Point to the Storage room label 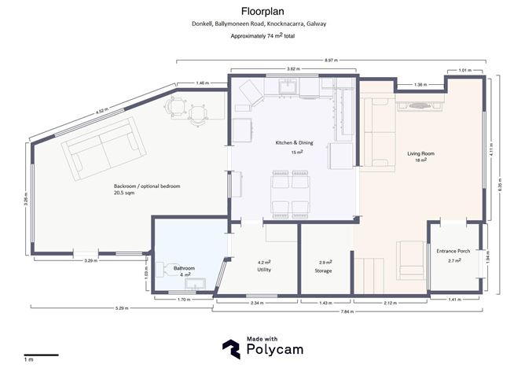pos(323,270)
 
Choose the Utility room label pos(264,270)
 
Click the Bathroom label pos(185,268)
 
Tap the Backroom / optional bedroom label pos(147,186)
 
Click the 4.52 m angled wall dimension pos(101,112)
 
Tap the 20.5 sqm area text pos(124,193)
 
